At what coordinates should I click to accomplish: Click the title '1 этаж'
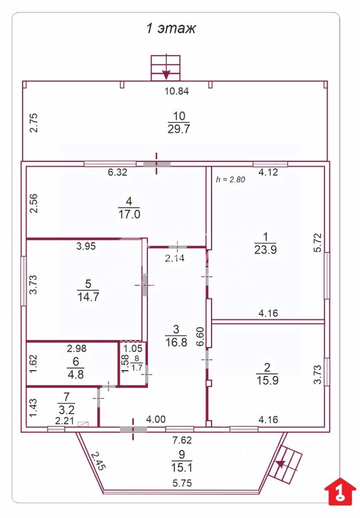[171, 28]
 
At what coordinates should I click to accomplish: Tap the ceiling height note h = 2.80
[230, 180]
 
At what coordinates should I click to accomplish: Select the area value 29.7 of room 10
[179, 129]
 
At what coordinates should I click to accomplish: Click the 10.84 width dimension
[177, 91]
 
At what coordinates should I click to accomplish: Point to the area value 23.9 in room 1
[266, 250]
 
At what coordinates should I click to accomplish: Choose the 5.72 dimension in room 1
[317, 243]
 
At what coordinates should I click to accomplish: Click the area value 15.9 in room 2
[268, 380]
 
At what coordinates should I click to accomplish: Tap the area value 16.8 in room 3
[176, 342]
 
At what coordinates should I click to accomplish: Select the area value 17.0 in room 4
[129, 214]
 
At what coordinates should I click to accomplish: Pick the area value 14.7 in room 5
[89, 297]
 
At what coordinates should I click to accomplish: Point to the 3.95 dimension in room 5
[86, 246]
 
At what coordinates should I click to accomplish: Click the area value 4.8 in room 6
[76, 374]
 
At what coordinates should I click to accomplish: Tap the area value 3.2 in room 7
[66, 410]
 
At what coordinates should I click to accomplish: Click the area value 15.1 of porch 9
[182, 467]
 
